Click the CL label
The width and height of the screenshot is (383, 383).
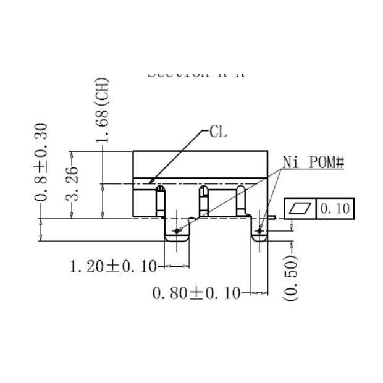click(218, 131)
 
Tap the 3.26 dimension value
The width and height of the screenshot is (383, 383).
click(72, 183)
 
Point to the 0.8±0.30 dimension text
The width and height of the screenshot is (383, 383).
click(42, 162)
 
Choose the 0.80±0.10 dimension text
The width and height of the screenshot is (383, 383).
click(196, 293)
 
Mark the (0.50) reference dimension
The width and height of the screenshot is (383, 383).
click(290, 278)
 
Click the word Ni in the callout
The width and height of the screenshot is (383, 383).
click(291, 162)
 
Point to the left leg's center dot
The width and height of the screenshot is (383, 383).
click(177, 230)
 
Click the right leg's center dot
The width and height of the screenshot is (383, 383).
click(259, 230)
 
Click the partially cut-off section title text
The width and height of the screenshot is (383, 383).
click(196, 74)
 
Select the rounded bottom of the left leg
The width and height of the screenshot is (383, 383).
click(177, 240)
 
